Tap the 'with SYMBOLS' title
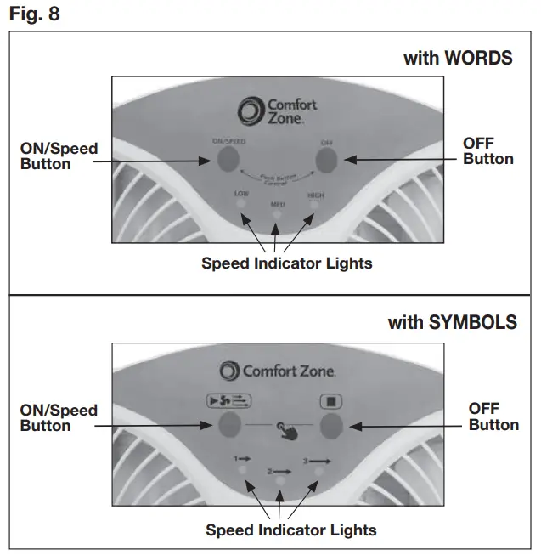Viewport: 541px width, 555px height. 452,323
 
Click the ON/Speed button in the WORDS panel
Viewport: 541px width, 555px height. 226,159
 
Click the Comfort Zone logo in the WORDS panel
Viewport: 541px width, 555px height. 278,111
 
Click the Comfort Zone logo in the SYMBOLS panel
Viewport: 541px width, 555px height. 278,371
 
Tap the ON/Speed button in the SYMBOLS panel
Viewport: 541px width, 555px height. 228,424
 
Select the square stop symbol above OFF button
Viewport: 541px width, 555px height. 330,400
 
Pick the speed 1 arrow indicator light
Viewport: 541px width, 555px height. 243,470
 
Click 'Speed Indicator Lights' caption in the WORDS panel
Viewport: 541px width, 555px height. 286,263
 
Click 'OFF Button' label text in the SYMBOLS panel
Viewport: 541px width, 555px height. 493,416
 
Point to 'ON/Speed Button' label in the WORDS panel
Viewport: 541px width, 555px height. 59,156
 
